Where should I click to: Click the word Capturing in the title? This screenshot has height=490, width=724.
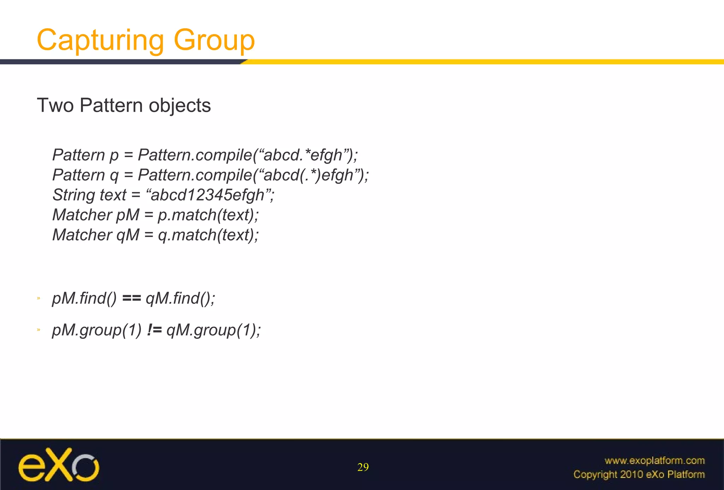(100, 40)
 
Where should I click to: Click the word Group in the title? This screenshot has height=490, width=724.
(214, 40)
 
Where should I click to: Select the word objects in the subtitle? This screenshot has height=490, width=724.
(180, 105)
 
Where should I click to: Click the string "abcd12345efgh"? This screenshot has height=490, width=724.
(208, 195)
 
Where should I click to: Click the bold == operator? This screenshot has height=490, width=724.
(131, 298)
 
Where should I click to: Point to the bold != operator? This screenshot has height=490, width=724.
(154, 330)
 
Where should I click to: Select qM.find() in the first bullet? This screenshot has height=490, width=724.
(180, 298)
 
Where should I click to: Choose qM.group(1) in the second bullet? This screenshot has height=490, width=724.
(213, 330)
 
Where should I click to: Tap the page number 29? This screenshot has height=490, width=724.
(363, 467)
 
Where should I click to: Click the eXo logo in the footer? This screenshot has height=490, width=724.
(59, 465)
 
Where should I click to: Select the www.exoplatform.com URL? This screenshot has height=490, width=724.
(654, 461)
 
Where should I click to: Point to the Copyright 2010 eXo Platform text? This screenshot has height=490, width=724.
(639, 474)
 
